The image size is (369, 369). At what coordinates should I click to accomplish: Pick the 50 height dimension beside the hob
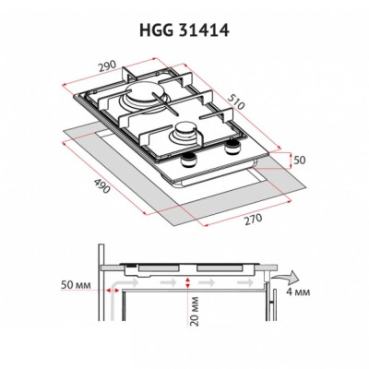tap(298, 160)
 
